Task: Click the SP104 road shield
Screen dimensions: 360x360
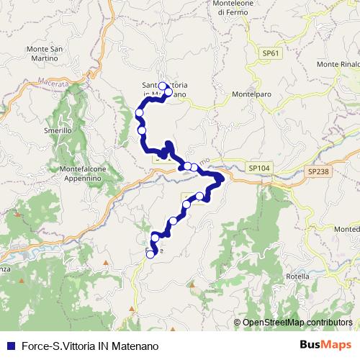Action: pyautogui.click(x=259, y=167)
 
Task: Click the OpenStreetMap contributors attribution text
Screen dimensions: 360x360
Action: pyautogui.click(x=297, y=323)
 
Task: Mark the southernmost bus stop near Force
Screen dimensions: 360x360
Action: pyautogui.click(x=151, y=253)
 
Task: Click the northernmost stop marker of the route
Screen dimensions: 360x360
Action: pyautogui.click(x=163, y=86)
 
